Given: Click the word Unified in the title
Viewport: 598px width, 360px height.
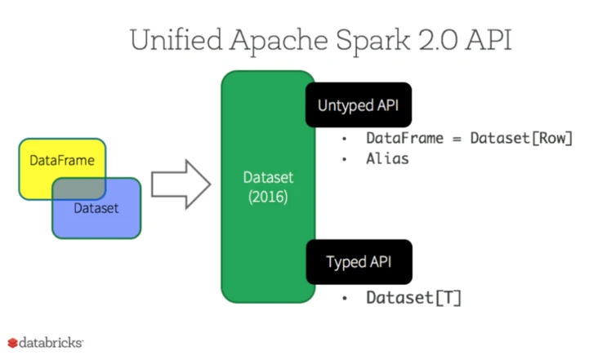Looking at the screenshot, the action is tap(176, 40).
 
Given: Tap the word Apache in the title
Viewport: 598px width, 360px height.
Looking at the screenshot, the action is tap(279, 41).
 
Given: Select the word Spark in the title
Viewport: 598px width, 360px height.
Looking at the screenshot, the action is tap(373, 41).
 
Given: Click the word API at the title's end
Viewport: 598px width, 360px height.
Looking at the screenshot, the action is tap(489, 40).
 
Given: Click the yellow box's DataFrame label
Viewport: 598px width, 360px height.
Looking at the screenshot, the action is tap(62, 160).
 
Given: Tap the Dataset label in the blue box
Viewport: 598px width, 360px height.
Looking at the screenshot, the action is tap(96, 208).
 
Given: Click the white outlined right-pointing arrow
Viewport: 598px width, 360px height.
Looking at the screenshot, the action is tap(181, 184).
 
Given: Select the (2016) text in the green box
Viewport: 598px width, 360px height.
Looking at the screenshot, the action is tap(268, 197).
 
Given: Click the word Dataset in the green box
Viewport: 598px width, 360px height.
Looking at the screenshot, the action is tap(268, 177).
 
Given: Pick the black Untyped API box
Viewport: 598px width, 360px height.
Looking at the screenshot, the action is tap(359, 104).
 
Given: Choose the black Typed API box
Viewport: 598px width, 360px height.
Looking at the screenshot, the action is tap(359, 262).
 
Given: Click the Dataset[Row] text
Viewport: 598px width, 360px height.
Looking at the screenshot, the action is tap(521, 138).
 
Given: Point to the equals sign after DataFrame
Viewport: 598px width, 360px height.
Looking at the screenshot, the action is tap(457, 139).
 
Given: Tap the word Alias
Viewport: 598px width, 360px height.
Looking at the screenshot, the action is tap(387, 158).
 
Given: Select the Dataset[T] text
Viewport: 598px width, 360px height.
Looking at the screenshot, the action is tap(414, 298).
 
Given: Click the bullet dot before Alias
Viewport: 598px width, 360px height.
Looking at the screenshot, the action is tap(345, 159).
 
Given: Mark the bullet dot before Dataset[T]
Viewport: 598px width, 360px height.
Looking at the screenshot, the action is tap(345, 298).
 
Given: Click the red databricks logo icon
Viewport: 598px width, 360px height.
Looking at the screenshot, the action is tap(12, 343).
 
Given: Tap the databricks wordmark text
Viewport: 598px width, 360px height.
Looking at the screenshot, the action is tap(51, 343).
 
